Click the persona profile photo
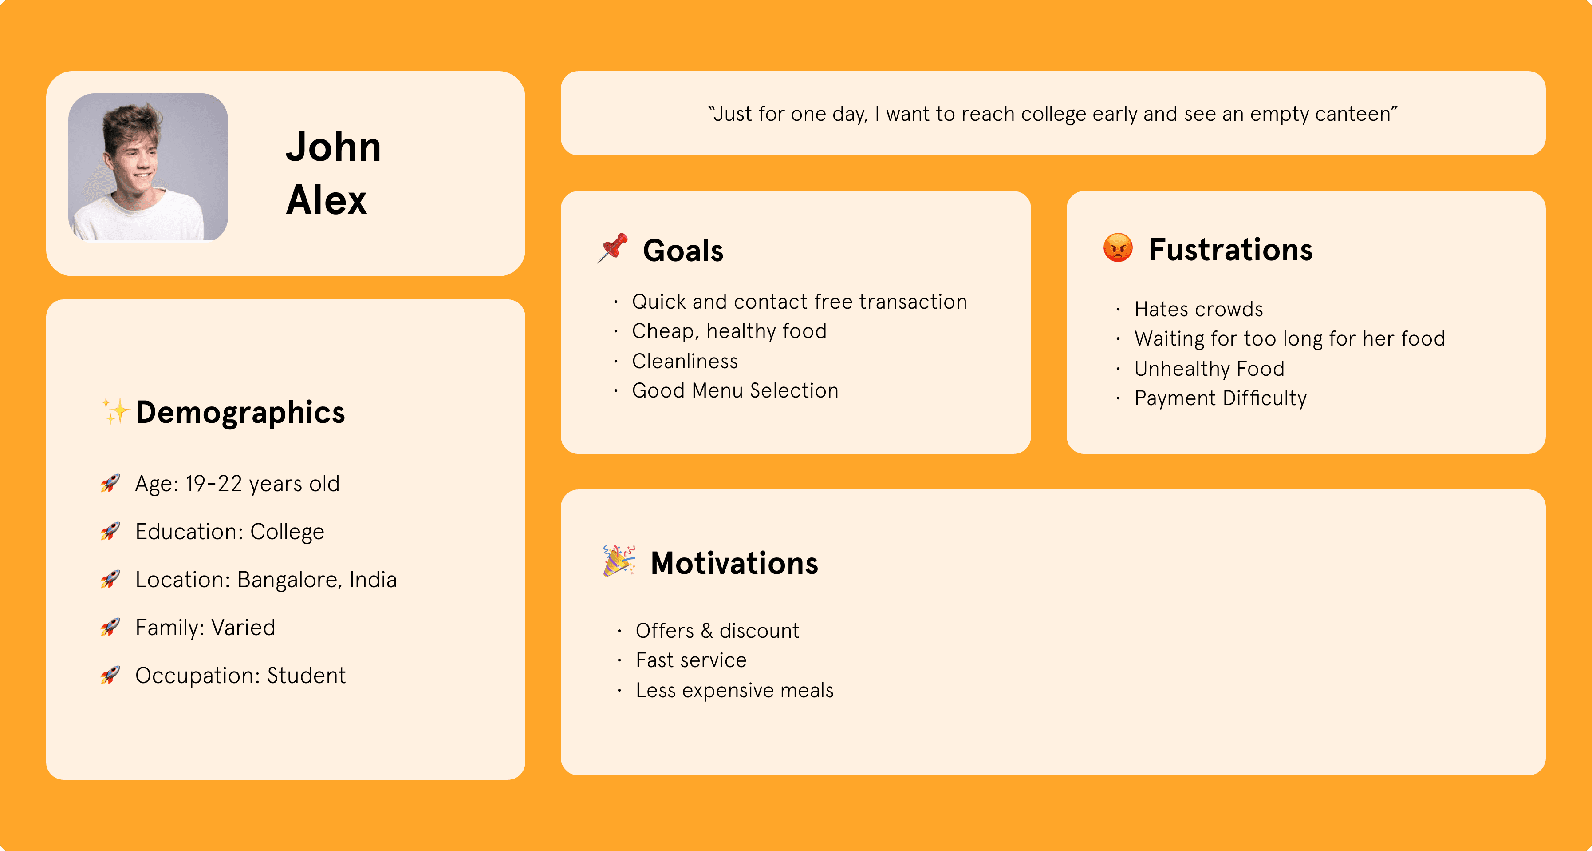(x=148, y=167)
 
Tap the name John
(x=333, y=147)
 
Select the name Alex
(x=326, y=200)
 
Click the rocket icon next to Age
(x=110, y=483)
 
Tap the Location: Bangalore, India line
(x=266, y=580)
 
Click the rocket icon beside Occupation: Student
(x=110, y=675)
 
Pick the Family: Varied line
(x=205, y=628)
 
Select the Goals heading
(x=683, y=251)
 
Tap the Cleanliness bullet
(x=685, y=361)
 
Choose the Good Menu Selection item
(x=735, y=391)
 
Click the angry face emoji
(x=1118, y=248)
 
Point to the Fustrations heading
(x=1230, y=249)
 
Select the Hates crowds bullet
(x=1198, y=309)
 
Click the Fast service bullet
(x=691, y=660)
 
